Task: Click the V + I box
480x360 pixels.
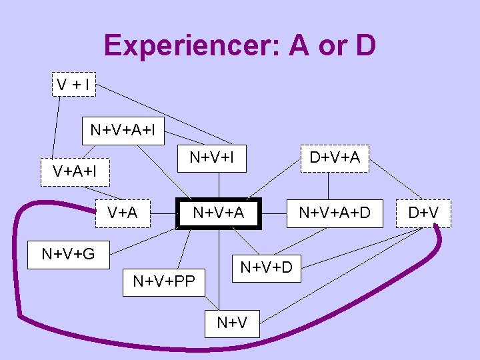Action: (74, 85)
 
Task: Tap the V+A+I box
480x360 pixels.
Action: (75, 171)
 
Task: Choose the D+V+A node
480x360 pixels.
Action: (335, 158)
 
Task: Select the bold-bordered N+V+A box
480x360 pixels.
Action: (219, 213)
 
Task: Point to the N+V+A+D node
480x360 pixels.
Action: (334, 213)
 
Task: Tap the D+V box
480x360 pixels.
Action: (423, 213)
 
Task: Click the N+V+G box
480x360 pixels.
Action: (68, 254)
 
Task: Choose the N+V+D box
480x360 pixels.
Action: (265, 268)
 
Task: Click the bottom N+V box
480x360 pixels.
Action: (232, 323)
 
